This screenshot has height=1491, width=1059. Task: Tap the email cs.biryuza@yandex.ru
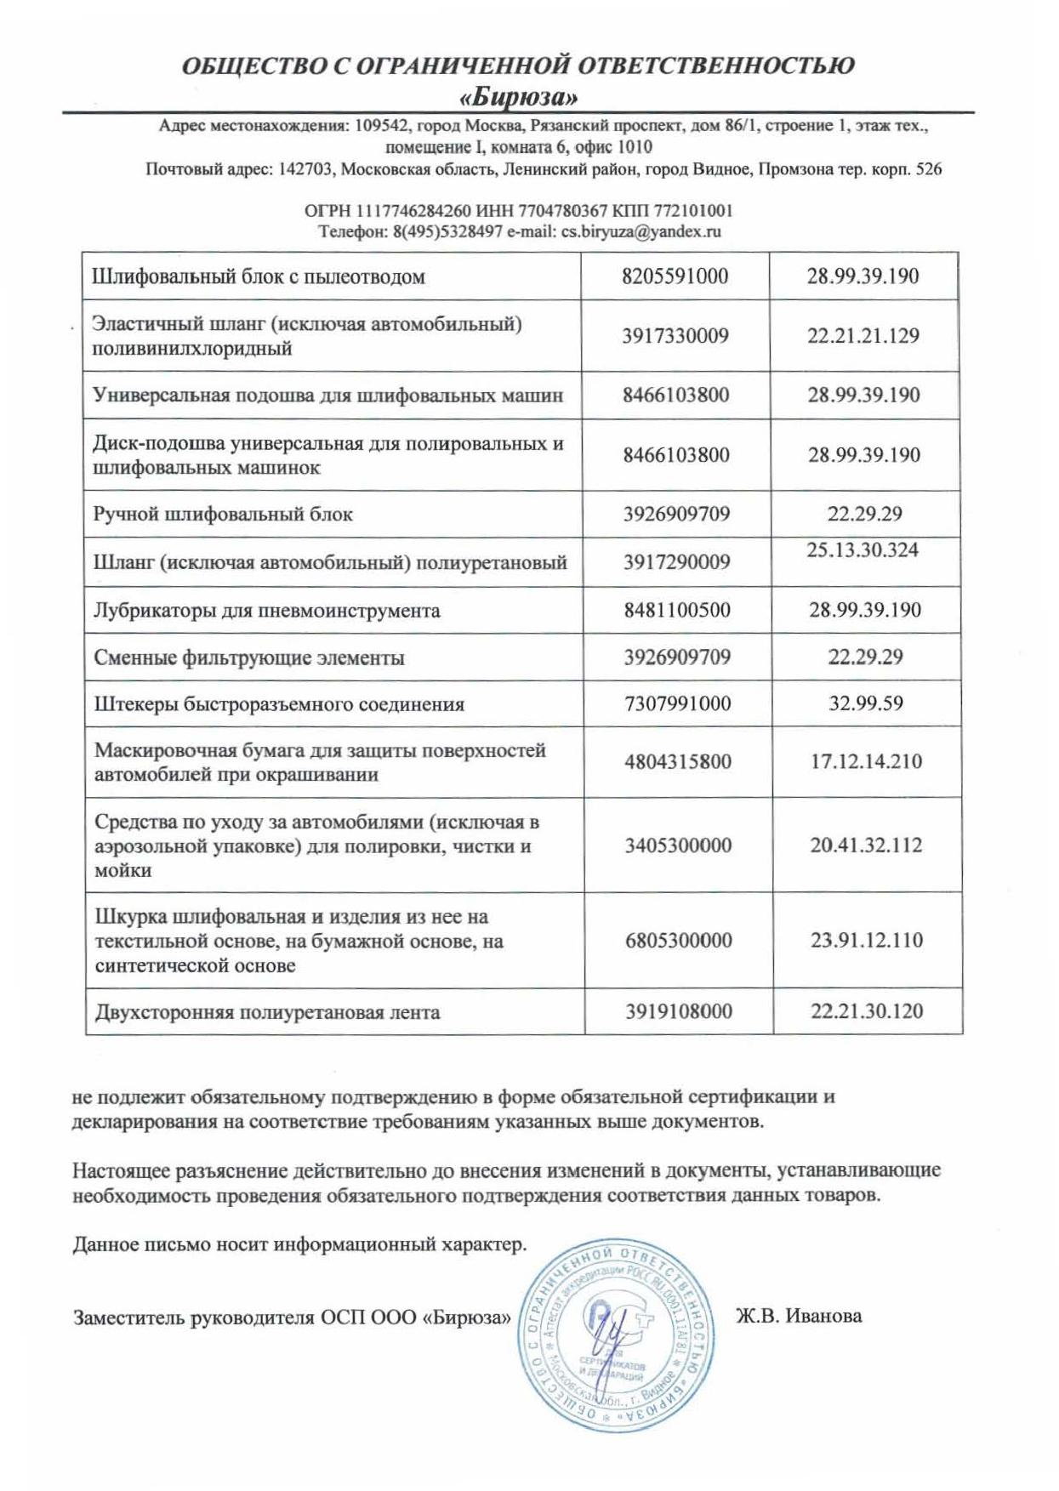[641, 231]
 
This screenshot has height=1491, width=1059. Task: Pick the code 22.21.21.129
[863, 335]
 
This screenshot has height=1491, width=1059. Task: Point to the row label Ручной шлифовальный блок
[223, 515]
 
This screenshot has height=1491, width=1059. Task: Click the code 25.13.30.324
[863, 550]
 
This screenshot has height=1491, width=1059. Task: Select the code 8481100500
[677, 610]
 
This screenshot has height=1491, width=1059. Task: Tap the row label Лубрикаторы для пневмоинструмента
[267, 611]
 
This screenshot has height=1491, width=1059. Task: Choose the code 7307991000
[677, 703]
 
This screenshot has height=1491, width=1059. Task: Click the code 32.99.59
[865, 703]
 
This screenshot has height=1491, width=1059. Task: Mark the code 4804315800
[678, 761]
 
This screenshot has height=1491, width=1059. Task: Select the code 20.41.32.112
[866, 845]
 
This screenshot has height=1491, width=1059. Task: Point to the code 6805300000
[678, 940]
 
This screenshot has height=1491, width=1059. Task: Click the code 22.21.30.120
[867, 1011]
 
